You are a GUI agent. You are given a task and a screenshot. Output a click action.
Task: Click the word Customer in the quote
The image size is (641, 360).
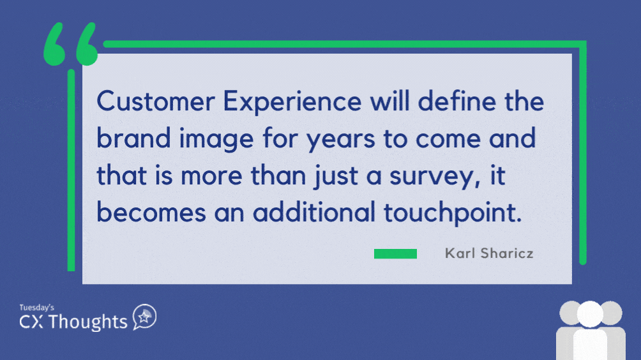(156, 101)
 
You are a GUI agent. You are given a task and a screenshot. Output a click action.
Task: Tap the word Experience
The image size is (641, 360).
(292, 103)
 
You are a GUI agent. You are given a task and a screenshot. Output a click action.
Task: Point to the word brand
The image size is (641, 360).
(133, 138)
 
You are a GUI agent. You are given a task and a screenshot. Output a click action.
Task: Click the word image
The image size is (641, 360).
(216, 140)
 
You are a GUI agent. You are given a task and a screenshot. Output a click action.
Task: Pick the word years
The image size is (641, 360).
(340, 141)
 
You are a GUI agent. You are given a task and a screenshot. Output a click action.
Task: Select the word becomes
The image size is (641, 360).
(151, 212)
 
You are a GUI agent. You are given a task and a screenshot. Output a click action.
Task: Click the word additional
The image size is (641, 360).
(314, 212)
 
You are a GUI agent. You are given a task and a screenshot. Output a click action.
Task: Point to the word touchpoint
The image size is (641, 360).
(453, 214)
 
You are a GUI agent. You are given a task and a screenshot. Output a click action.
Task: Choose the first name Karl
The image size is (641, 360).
(460, 253)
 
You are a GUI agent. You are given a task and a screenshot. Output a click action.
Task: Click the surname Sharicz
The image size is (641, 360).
(507, 253)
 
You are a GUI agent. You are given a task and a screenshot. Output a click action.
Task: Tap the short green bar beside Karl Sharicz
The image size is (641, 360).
(395, 254)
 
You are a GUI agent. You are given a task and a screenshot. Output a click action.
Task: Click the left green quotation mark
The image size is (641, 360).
(54, 44)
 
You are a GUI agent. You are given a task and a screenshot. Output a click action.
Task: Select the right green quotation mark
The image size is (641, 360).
(87, 44)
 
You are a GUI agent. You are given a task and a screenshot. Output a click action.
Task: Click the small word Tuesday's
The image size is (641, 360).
(37, 308)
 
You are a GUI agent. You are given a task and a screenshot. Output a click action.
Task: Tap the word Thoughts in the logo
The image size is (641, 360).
(88, 322)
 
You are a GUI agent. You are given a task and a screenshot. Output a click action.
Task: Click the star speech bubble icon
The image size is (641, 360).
(144, 317)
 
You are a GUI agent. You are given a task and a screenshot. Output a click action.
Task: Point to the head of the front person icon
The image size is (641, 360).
(590, 315)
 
